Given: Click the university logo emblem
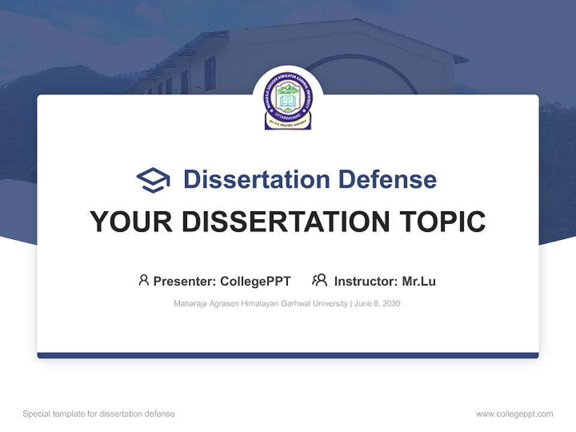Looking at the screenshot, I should coord(288,101).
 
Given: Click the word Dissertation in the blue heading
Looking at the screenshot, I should coord(256,179).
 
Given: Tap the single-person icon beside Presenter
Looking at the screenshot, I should coord(143,280).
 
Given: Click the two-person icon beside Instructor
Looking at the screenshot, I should coord(319,280).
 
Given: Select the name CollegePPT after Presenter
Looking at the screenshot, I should coord(256,281).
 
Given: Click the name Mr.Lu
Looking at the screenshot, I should coord(419,281).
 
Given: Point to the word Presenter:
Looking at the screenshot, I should coord(185,281).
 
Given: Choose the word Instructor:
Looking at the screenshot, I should coord(366,281).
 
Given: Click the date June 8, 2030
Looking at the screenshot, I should coord(377,304).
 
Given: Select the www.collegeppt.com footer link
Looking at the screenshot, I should coord(514,414).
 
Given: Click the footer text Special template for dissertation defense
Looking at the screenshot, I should coord(99,414).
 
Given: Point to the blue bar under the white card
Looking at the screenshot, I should coord(288,355).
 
